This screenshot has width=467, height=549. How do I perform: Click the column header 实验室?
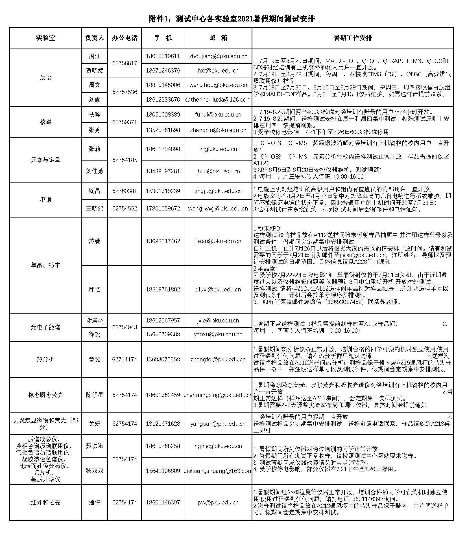click(45, 38)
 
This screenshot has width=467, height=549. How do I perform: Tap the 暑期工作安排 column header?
click(353, 38)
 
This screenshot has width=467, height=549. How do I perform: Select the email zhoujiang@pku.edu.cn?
click(218, 56)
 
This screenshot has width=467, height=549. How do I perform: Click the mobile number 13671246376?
click(163, 71)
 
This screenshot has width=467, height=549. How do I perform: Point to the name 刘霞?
click(94, 100)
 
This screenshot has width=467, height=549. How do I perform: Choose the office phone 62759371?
click(125, 122)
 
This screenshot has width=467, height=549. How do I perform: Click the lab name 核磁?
click(45, 122)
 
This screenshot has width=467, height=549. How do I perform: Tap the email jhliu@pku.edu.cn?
click(218, 171)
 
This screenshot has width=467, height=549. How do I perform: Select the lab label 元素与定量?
click(45, 160)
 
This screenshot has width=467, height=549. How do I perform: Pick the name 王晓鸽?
click(94, 208)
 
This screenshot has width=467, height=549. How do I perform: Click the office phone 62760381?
click(125, 191)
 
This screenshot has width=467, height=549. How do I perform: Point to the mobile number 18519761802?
click(163, 289)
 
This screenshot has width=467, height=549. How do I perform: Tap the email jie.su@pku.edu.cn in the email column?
click(218, 241)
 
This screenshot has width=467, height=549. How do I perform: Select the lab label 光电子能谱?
click(45, 327)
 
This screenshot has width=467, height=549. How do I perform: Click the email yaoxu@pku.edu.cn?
click(218, 334)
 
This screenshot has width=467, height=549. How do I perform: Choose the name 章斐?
click(94, 359)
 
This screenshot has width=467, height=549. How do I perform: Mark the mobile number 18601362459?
click(163, 395)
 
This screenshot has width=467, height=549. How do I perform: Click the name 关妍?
click(94, 424)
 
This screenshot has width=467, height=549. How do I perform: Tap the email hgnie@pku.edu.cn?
click(218, 446)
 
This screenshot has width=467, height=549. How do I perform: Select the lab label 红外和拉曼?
click(45, 502)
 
